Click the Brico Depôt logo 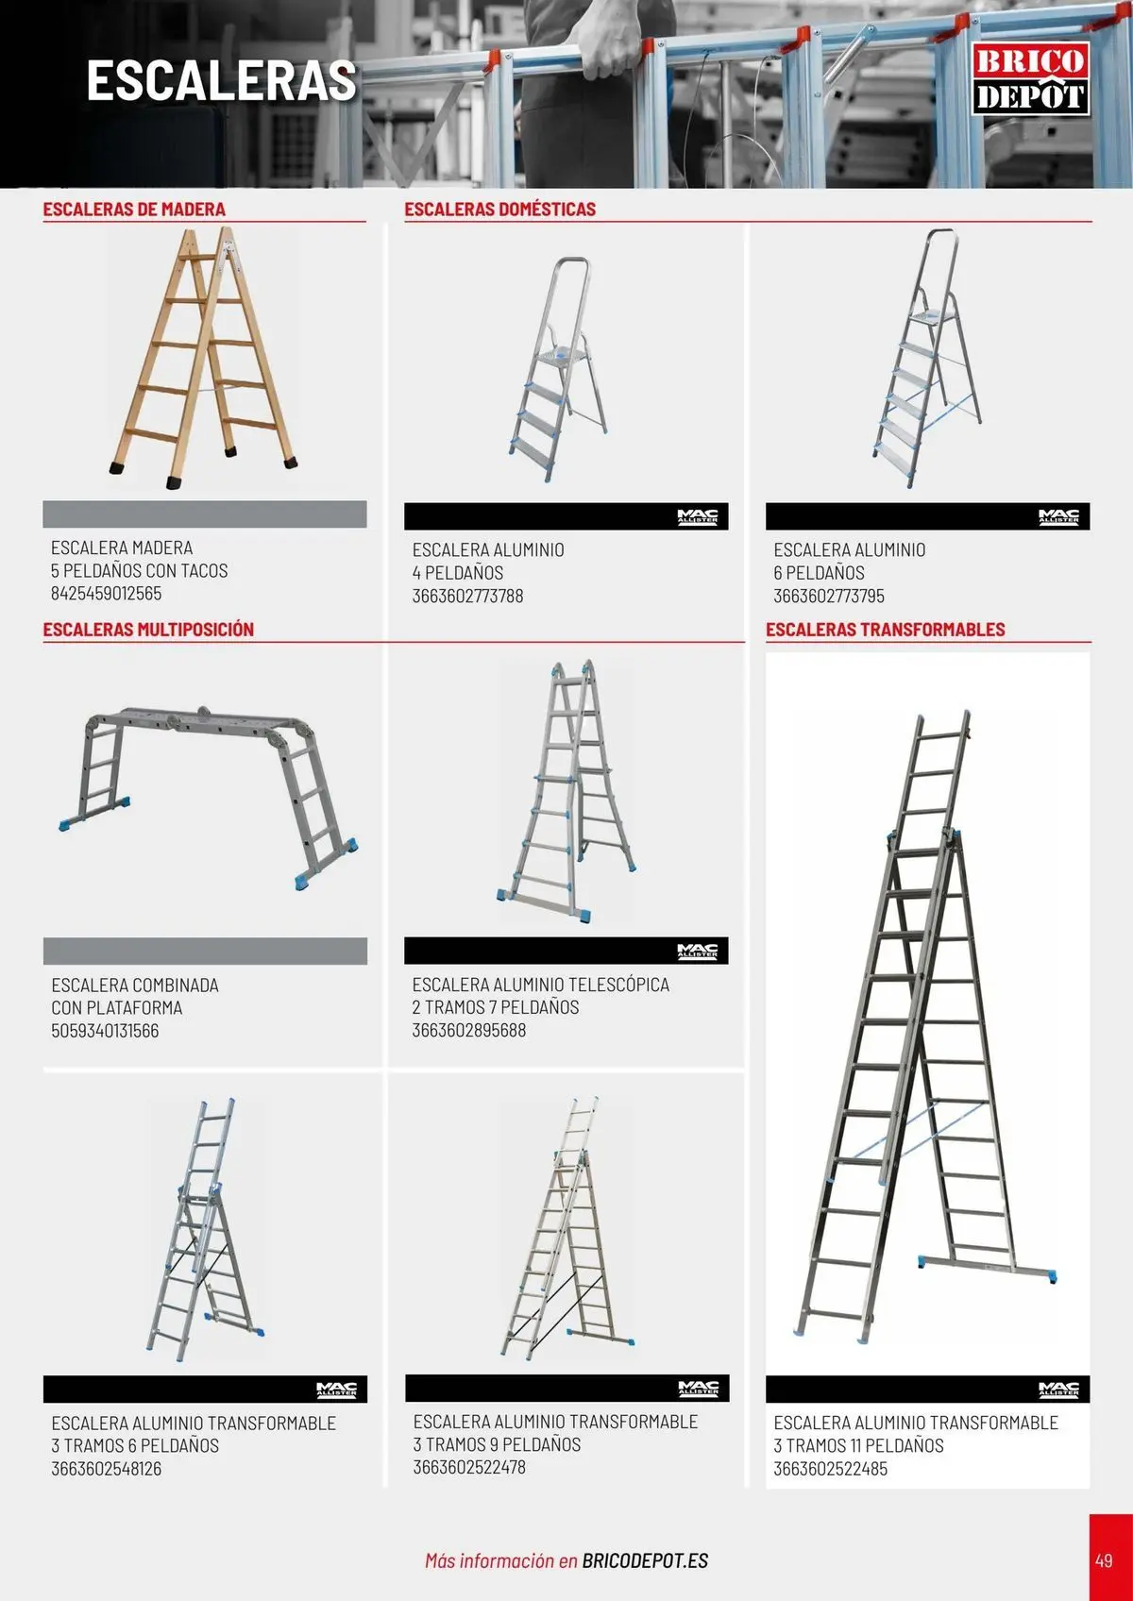point(1030,78)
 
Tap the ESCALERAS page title point(222,80)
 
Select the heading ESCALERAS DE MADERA point(134,210)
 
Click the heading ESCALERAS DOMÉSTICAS point(499,210)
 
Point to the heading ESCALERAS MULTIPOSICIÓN point(148,629)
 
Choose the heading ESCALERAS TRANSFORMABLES point(885,629)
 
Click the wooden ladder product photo point(204,358)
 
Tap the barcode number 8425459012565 point(106,593)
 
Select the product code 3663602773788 point(467,596)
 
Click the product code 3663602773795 point(828,596)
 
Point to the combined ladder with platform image point(208,796)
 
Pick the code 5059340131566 point(105,1031)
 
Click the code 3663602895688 point(469,1030)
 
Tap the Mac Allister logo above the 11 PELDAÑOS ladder point(1058,1390)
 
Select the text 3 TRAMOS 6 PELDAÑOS point(135,1445)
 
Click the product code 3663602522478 point(469,1467)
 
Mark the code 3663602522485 point(830,1469)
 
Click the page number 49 point(1104,1559)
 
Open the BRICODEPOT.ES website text point(645,1560)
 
